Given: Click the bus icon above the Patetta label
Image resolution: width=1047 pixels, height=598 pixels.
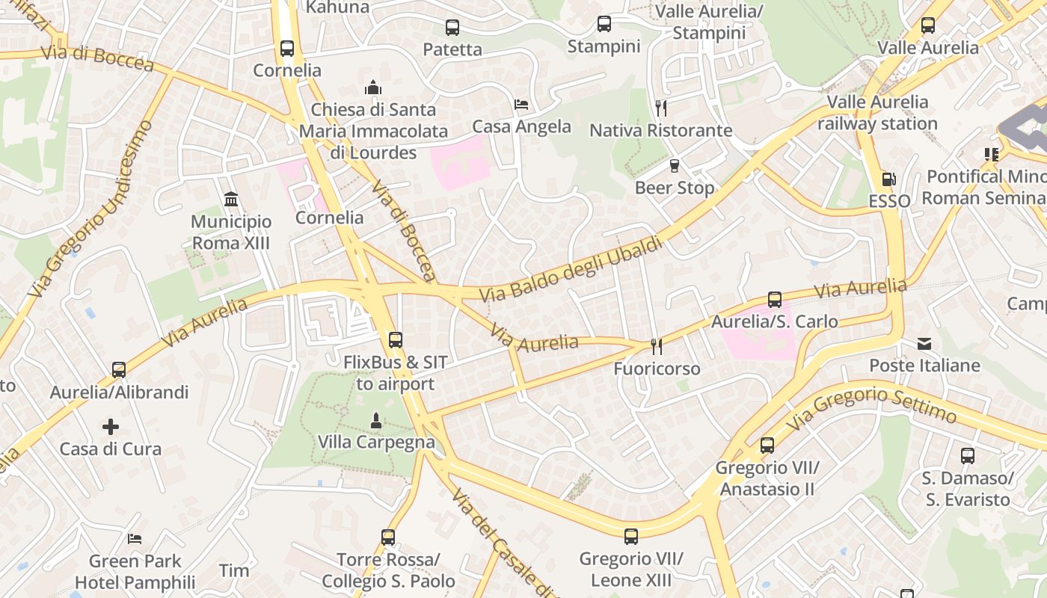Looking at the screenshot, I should pos(452,28).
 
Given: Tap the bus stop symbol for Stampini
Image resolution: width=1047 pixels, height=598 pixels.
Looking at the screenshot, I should pos(604,24).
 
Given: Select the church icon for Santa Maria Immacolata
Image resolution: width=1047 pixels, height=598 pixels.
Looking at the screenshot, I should pos(373,88).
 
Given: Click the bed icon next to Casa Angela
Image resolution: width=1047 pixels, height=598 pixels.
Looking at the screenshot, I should pos(521,105).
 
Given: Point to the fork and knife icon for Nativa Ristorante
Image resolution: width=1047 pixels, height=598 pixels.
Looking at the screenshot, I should pos(660,108).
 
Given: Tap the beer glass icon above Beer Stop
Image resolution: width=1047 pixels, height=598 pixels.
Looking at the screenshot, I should pos(675,166).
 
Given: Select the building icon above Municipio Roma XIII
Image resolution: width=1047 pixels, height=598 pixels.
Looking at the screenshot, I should pos(231,200).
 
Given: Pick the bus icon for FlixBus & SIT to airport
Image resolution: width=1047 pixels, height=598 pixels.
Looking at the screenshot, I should pos(395,340).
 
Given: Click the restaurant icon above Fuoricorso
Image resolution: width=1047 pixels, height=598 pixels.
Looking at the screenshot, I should pos(657,346).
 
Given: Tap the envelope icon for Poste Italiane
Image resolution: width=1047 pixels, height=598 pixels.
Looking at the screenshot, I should pos(924,344).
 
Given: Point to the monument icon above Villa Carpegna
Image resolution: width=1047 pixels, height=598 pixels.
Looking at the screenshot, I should pos(376,421).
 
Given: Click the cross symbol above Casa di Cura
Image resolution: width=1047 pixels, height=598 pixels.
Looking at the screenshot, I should pos(111,427).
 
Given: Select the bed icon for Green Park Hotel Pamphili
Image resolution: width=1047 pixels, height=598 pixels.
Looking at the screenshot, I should pos(135,538).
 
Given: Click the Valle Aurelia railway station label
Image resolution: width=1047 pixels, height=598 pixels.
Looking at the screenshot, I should pos(877,113).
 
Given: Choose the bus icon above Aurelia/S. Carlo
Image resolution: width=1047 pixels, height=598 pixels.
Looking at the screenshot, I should pos(775,300).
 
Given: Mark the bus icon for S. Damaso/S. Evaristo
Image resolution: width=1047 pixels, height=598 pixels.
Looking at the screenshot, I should pos(967,455).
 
